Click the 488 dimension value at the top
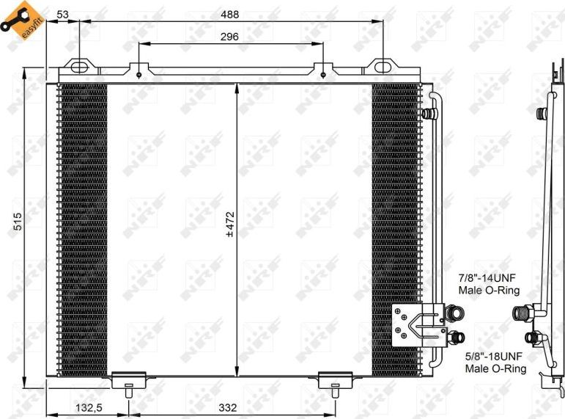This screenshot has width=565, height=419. tap(230, 13)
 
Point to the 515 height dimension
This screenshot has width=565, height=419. tap(18, 222)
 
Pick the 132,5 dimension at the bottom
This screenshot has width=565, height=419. tap(87, 408)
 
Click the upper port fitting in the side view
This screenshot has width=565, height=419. tap(543, 114)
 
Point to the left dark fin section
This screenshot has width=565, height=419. tap(82, 227)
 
